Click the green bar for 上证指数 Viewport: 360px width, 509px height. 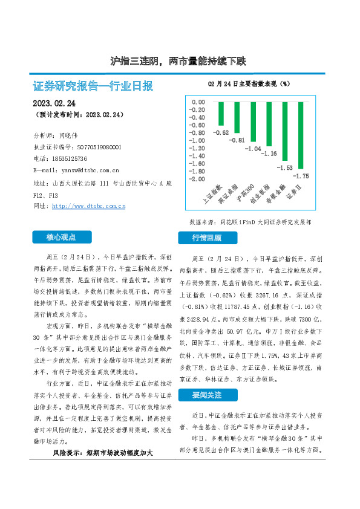(221, 114)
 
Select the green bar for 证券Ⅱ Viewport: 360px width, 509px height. (300, 135)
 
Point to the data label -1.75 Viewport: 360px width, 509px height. (301, 176)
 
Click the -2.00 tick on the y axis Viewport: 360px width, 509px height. (197, 179)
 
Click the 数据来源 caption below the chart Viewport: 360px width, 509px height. (260, 222)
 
